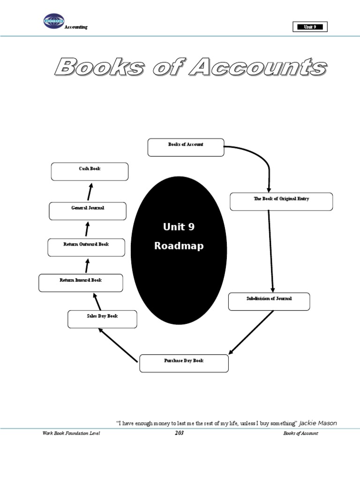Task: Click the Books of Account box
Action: click(x=186, y=147)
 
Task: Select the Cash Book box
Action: click(x=90, y=172)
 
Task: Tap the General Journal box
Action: click(x=88, y=211)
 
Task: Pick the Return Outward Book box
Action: click(x=86, y=247)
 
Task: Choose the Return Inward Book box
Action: click(x=81, y=283)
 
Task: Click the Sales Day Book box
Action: click(x=102, y=319)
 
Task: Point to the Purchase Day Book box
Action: click(x=184, y=363)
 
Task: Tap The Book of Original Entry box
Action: click(x=281, y=202)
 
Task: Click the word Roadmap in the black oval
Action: click(x=179, y=246)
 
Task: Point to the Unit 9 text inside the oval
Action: click(x=179, y=227)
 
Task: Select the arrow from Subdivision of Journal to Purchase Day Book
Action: click(x=251, y=332)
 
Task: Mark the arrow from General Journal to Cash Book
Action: click(x=90, y=191)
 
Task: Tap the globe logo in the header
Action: click(x=54, y=21)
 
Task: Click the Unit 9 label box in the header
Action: click(x=310, y=27)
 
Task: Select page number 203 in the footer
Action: click(x=179, y=433)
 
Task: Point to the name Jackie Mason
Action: click(x=318, y=423)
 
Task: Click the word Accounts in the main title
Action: click(x=257, y=67)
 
